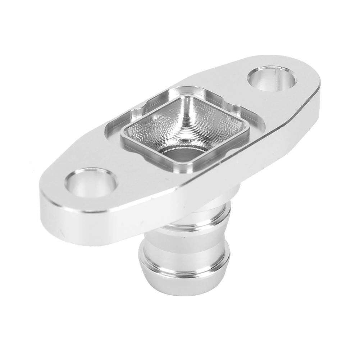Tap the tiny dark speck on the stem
[x=184, y=238]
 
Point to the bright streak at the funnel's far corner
[x=187, y=97]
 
